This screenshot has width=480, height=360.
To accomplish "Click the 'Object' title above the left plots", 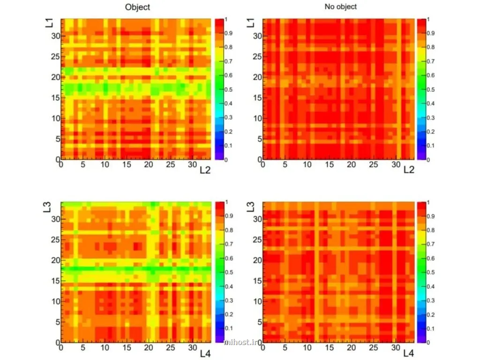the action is [x=137, y=7].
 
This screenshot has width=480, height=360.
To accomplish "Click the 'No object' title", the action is [x=341, y=7].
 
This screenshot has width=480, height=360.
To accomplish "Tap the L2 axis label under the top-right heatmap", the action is [x=409, y=170].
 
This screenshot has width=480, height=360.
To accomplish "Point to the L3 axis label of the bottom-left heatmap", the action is [x=47, y=207].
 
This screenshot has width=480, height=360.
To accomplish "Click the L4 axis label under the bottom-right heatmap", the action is [x=408, y=353].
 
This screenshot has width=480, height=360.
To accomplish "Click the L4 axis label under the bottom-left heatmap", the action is [x=205, y=353].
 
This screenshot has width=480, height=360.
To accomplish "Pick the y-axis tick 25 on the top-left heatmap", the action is [x=55, y=57].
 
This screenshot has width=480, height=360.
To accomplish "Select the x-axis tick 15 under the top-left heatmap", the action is [x=127, y=165].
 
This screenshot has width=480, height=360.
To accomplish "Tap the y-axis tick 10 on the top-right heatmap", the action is [x=257, y=118].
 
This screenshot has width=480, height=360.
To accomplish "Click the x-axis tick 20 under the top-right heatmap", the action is [x=351, y=165].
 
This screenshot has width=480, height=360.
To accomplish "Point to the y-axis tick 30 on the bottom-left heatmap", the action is [x=55, y=219].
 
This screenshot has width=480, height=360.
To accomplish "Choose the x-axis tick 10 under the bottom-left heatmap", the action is [x=105, y=348].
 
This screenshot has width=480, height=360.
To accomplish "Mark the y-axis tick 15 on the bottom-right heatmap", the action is [x=257, y=281].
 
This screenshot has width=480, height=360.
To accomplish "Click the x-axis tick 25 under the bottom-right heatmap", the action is [x=373, y=348].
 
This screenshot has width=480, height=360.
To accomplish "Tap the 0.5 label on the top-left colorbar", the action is [x=228, y=90].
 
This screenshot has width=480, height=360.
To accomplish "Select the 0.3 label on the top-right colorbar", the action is [x=430, y=118].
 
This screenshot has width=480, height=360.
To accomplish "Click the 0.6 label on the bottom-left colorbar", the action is [x=229, y=258].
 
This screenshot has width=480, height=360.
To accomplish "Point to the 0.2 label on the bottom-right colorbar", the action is [x=430, y=315].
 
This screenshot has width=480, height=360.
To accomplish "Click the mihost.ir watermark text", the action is [x=241, y=342].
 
